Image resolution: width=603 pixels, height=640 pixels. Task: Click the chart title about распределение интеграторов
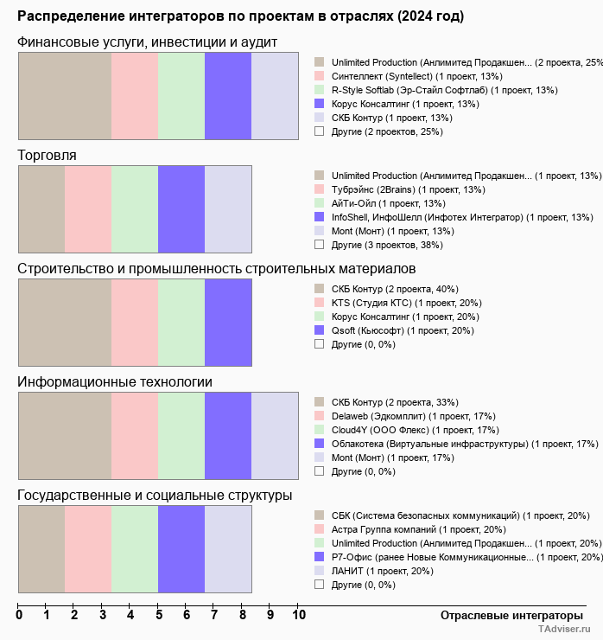pyautogui.click(x=240, y=16)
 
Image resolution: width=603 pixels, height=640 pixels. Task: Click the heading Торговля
pyautogui.click(x=47, y=156)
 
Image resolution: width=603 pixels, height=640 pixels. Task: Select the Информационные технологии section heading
pyautogui.click(x=115, y=382)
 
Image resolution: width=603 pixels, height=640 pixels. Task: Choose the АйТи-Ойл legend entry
pyautogui.click(x=388, y=203)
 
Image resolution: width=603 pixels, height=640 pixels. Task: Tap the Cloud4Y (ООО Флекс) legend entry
pyautogui.click(x=403, y=430)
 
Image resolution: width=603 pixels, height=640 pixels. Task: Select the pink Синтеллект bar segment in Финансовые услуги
pyautogui.click(x=135, y=96)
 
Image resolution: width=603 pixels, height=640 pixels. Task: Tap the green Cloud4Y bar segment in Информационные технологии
pyautogui.click(x=181, y=436)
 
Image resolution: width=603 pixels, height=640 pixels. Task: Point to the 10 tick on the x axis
pyautogui.click(x=298, y=616)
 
